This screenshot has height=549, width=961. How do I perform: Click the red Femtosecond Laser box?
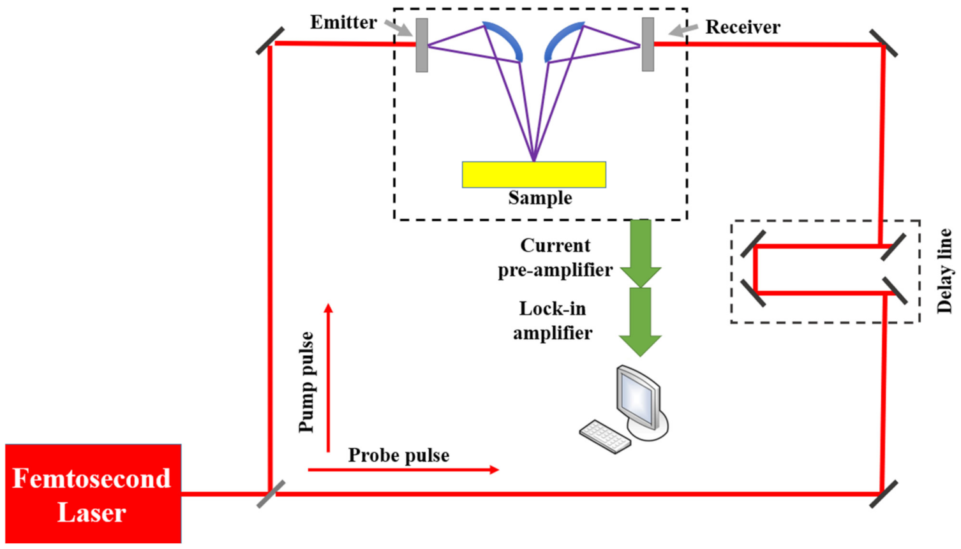tap(93, 494)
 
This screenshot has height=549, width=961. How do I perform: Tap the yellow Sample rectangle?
tap(533, 175)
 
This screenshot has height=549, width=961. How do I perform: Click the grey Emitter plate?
tap(422, 45)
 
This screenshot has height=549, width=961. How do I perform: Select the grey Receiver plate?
tap(648, 44)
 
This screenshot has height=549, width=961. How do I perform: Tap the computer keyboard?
tap(604, 437)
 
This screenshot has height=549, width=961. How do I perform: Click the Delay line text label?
tap(944, 272)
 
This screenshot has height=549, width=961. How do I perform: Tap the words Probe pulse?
tap(398, 455)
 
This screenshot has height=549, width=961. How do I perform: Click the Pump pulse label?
tap(307, 382)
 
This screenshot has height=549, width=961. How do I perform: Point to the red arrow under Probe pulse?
tap(403, 470)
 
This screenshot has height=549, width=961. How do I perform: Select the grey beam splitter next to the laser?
tap(271, 494)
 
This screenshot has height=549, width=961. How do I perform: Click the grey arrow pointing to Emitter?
tap(399, 27)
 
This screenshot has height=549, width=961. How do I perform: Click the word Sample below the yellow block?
tap(540, 198)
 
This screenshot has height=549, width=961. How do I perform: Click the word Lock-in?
tap(552, 309)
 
